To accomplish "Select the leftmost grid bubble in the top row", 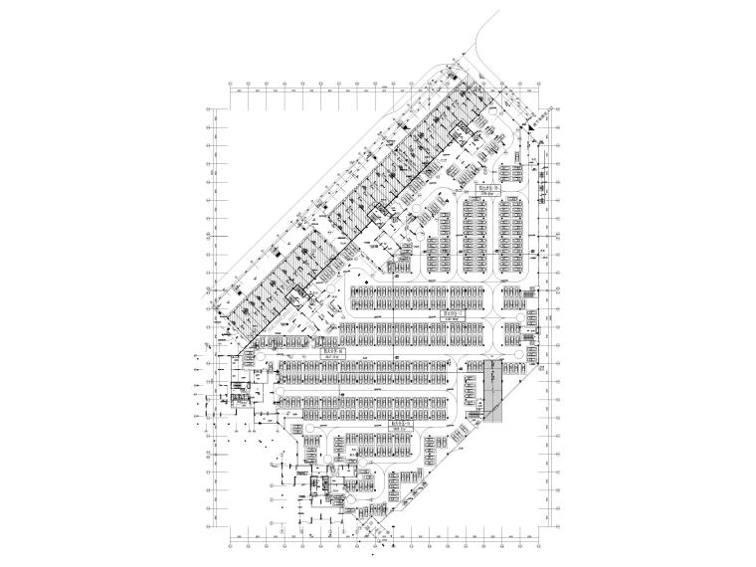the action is coord(231,83).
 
